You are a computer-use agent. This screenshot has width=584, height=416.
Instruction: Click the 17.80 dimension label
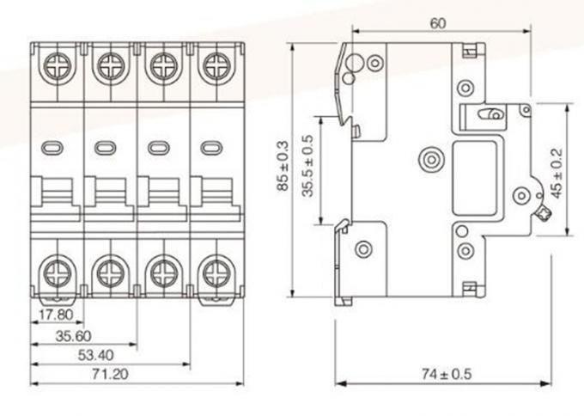pyautogui.click(x=54, y=314)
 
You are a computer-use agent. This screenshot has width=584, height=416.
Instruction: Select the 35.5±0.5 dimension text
pyautogui.click(x=310, y=169)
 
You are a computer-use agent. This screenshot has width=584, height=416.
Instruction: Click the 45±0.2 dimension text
pyautogui.click(x=557, y=172)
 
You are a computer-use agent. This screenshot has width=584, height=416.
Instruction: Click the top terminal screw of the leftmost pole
pyautogui.click(x=58, y=64)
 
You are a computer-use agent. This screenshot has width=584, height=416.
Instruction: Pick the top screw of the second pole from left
pyautogui.click(x=109, y=64)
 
